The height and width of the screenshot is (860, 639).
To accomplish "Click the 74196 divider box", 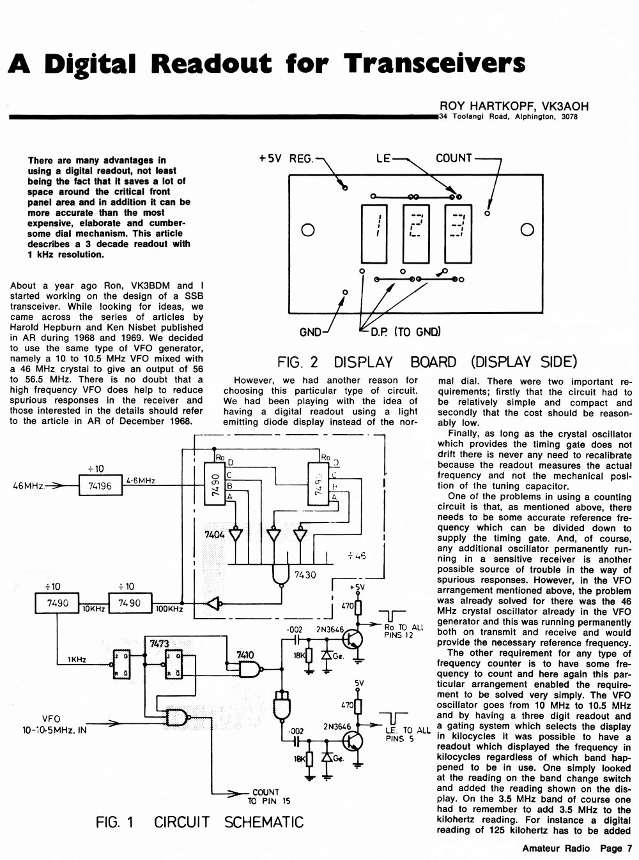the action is pyautogui.click(x=100, y=485).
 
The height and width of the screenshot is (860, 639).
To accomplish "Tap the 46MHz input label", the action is pyautogui.click(x=28, y=486).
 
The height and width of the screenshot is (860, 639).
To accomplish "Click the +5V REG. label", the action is pyautogui.click(x=286, y=158).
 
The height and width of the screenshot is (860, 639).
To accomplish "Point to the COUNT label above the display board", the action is pyautogui.click(x=454, y=158).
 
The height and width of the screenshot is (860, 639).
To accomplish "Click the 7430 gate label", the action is pyautogui.click(x=305, y=575).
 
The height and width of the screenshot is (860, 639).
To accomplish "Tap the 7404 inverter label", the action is pyautogui.click(x=214, y=534).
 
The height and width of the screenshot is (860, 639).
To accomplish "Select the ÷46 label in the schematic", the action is pyautogui.click(x=357, y=556).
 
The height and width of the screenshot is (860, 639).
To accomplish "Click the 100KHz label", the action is pyautogui.click(x=169, y=609).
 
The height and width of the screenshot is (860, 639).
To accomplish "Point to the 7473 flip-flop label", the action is pyautogui.click(x=159, y=644).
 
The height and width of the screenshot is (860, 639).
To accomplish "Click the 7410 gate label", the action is pyautogui.click(x=245, y=655).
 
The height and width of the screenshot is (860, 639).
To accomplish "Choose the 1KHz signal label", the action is pyautogui.click(x=77, y=660).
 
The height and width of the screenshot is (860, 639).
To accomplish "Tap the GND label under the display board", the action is pyautogui.click(x=310, y=332).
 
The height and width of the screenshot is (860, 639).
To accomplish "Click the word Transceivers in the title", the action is pyautogui.click(x=435, y=63).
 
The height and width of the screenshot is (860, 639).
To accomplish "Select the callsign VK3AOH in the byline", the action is pyautogui.click(x=566, y=106).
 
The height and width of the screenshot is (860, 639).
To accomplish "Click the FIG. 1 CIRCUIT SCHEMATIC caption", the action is pyautogui.click(x=199, y=822).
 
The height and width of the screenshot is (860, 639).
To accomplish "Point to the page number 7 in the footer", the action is pyautogui.click(x=629, y=849).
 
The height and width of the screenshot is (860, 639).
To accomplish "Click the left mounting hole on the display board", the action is pyautogui.click(x=307, y=230).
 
